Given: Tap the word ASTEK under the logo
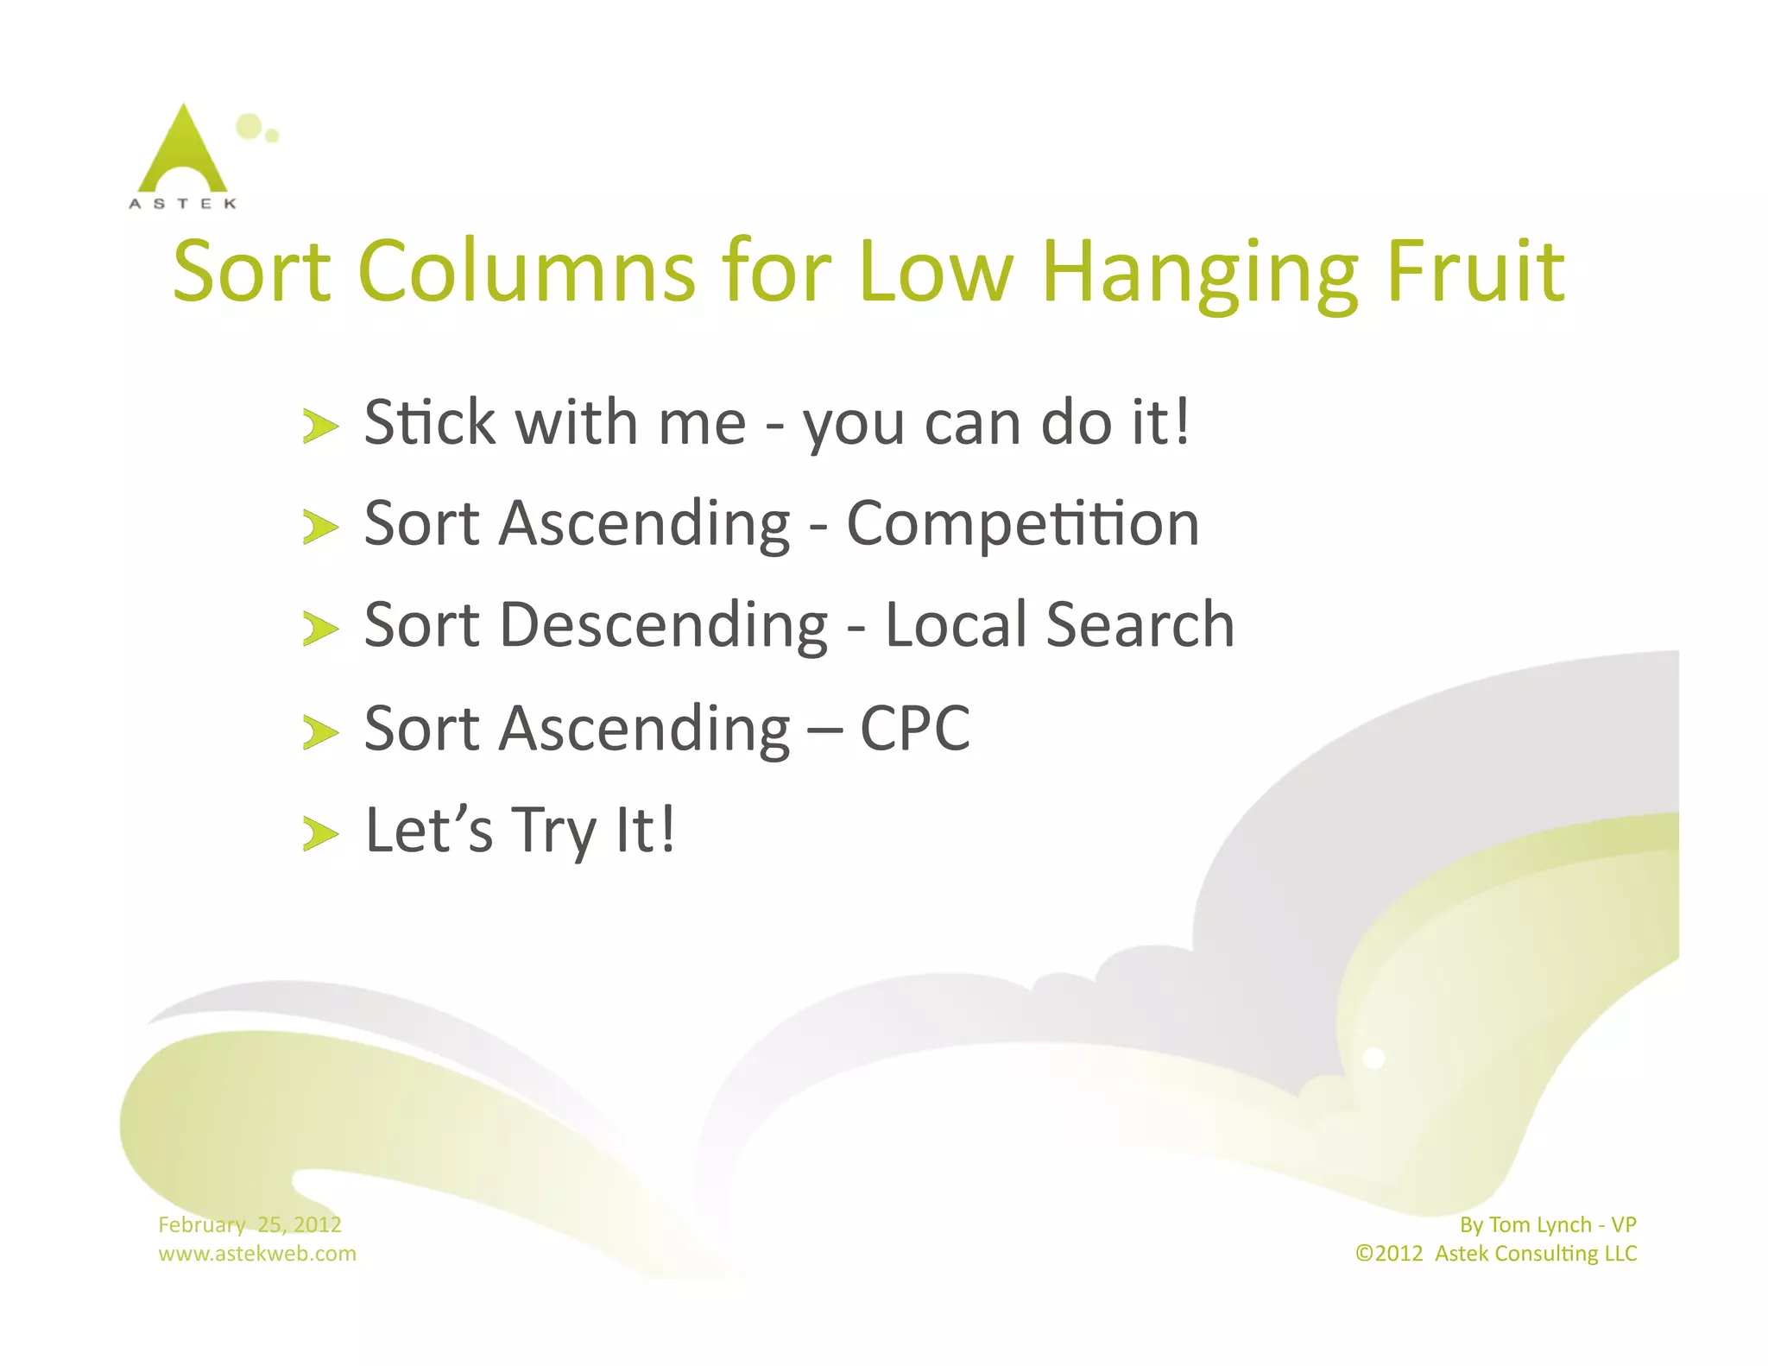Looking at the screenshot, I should [x=182, y=204].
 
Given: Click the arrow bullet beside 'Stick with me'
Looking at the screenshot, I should [x=320, y=426].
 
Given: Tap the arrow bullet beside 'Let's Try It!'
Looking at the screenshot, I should [x=320, y=834].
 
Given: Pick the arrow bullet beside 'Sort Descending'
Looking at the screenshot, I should [x=320, y=629].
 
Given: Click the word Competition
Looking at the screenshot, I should [x=1023, y=525].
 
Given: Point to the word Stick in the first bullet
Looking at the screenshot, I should [x=430, y=423].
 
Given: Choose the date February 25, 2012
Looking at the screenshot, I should [x=249, y=1224].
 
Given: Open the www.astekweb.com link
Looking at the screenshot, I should [x=256, y=1253].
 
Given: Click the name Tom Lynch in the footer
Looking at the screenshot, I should [x=1540, y=1224].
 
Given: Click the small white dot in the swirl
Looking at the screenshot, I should [x=1373, y=1058].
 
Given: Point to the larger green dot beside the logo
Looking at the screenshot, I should [x=249, y=126].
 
